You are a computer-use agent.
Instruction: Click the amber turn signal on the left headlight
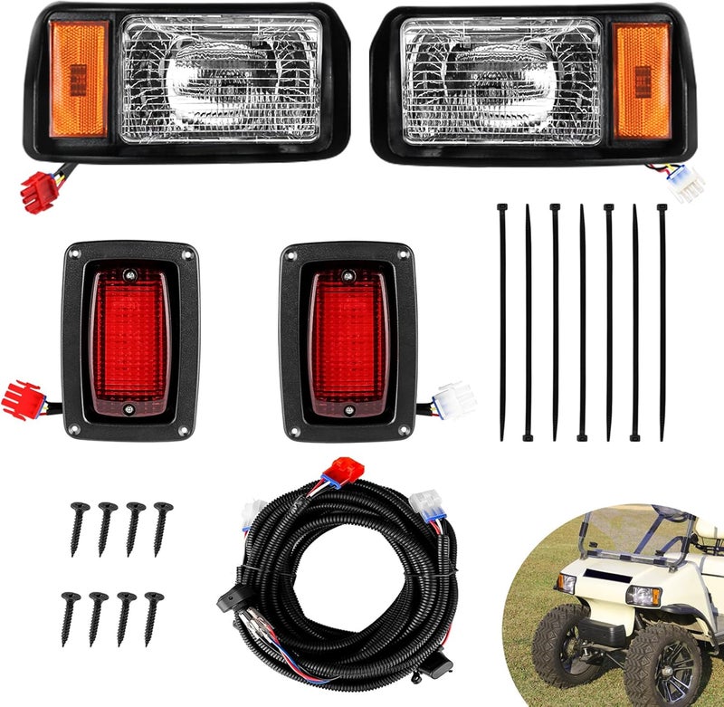tap(78, 79)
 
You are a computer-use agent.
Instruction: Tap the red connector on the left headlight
tap(38, 191)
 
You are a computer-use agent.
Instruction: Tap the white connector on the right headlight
tap(685, 186)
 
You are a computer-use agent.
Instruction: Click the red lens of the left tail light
tap(130, 339)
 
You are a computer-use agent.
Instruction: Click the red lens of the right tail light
tap(348, 339)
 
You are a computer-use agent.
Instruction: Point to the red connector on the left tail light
tap(22, 399)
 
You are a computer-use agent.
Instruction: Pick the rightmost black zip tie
tap(662, 322)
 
